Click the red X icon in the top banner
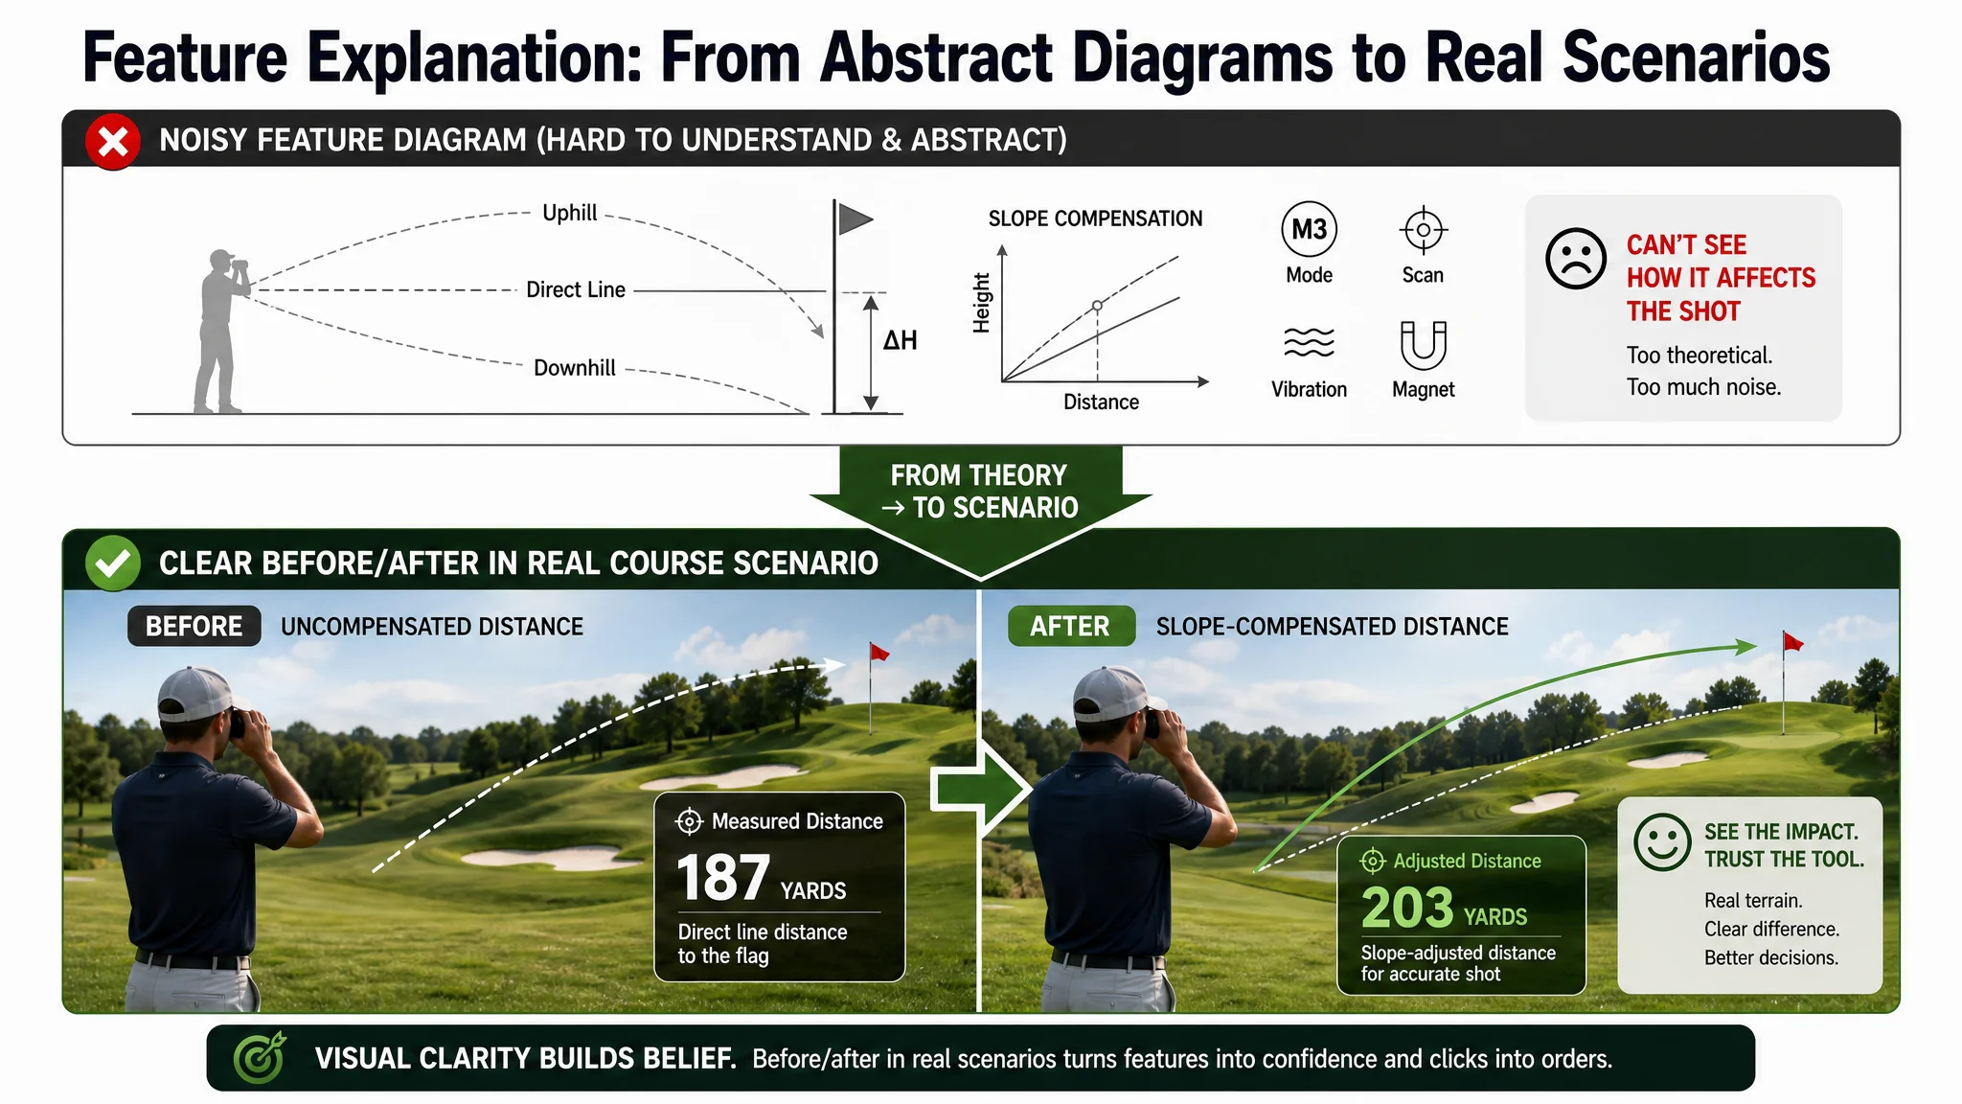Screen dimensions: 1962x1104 click(x=113, y=142)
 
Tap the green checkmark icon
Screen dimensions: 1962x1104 click(x=113, y=563)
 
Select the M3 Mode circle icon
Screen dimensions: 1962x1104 click(x=1309, y=230)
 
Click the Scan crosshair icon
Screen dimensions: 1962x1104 click(x=1423, y=230)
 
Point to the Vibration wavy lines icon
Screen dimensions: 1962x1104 click(x=1309, y=342)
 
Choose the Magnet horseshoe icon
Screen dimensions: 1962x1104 click(x=1423, y=345)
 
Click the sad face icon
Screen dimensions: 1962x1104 click(x=1575, y=258)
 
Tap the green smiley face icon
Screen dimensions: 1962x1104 click(x=1662, y=842)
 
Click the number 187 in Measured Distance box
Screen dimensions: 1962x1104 click(x=723, y=878)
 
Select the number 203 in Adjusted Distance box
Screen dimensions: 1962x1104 click(x=1407, y=908)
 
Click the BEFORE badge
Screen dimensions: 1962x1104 click(x=194, y=626)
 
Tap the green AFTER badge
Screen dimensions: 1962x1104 click(x=1071, y=626)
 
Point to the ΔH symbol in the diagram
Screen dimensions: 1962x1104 click(x=900, y=340)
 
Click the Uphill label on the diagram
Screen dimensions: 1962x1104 click(x=569, y=213)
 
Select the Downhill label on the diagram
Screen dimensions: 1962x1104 click(x=575, y=368)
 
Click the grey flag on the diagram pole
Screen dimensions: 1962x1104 click(x=856, y=219)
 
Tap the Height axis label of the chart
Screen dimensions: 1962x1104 click(x=981, y=303)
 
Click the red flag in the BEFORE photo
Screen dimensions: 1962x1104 click(x=879, y=652)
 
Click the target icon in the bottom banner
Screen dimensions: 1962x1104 click(x=260, y=1058)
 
